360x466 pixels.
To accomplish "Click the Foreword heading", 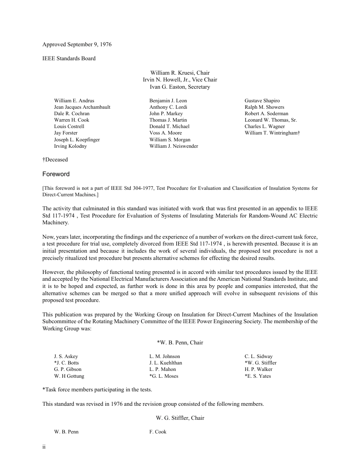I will [56, 174].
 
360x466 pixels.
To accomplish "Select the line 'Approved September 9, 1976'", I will [77, 44].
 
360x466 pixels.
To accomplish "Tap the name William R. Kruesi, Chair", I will [180, 73].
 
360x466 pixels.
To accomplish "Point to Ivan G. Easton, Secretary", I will [180, 87].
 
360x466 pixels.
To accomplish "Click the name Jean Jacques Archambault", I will [82, 107].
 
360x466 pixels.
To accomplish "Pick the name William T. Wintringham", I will [272, 133].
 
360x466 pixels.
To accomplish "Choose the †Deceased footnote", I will [55, 160].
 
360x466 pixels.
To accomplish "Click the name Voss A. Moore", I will [166, 133].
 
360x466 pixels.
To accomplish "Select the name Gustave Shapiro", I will [262, 101].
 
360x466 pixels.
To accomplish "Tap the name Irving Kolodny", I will [70, 146].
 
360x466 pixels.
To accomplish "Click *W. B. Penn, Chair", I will [180, 342].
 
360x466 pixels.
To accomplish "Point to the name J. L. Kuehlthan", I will [166, 363].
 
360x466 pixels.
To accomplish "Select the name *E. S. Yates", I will [258, 376].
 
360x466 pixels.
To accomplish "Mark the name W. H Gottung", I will [69, 376].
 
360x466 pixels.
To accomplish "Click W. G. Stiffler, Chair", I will [180, 418].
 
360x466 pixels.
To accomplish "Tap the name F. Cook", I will [158, 432].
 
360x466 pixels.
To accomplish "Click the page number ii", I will [44, 447].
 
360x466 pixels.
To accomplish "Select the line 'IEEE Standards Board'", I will [69, 58].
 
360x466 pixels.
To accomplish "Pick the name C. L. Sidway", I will [258, 357].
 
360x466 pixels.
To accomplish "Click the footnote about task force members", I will [97, 389].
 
